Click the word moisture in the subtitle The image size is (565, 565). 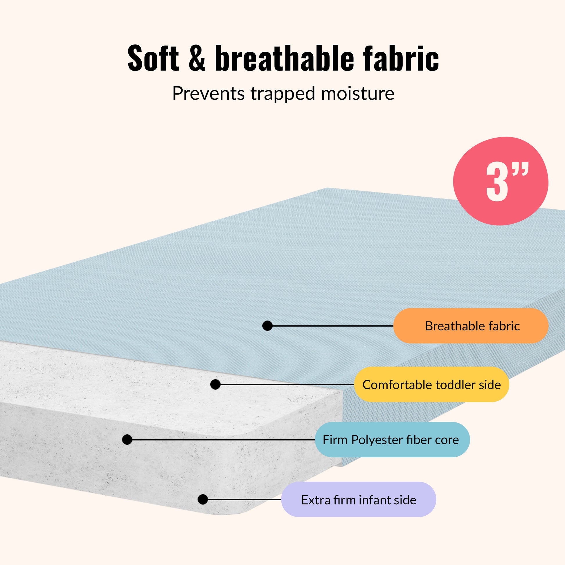pos(358,93)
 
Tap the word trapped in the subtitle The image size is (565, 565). pos(283,94)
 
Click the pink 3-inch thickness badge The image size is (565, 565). pos(500,181)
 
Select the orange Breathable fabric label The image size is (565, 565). pos(471,326)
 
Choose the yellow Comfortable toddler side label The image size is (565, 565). pos(431,385)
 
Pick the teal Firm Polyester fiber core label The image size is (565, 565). pos(392,440)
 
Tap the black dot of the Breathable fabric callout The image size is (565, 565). pos(267,326)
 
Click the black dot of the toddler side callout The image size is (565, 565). pos(215,385)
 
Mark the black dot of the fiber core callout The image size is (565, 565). pos(127,440)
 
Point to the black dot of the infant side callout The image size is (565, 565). pos(203,499)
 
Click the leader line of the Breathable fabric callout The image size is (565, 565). pos(333,326)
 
